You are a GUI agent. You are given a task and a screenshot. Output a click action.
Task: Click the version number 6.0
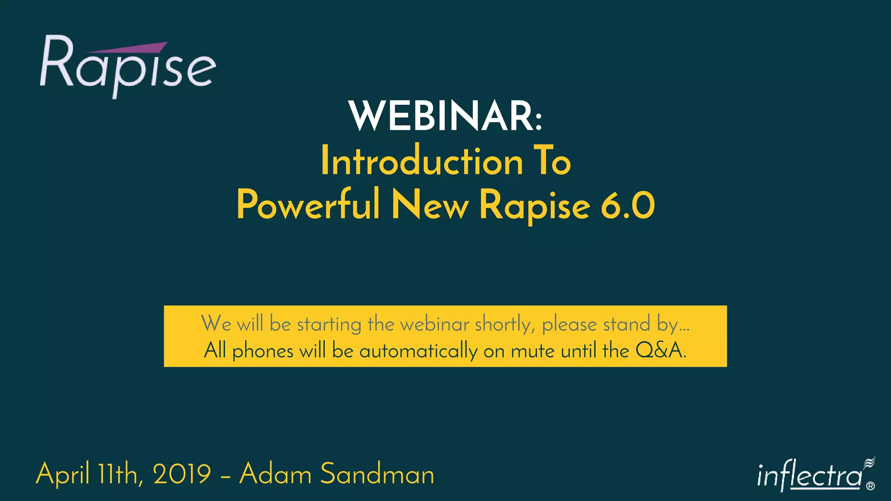[x=627, y=206]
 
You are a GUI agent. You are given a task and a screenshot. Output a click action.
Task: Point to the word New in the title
[x=430, y=205]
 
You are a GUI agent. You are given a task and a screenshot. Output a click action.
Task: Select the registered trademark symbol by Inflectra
[x=870, y=486]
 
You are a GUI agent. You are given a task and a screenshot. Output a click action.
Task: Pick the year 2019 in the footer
[x=182, y=474]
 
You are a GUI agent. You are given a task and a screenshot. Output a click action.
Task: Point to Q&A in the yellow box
[x=660, y=351]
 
